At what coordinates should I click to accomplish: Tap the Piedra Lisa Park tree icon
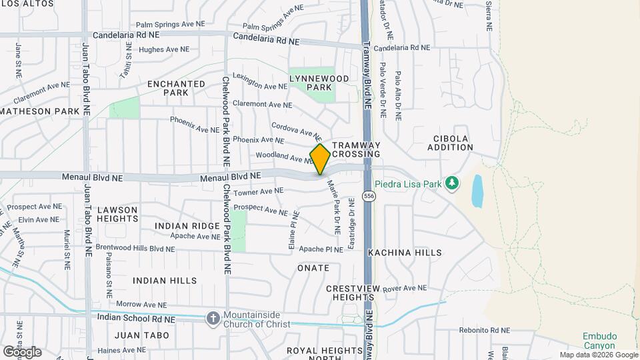tap(452, 183)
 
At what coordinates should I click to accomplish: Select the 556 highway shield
tap(369, 196)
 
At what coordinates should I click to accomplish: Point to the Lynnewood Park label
tap(311, 83)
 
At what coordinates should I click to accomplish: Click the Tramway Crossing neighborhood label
tap(356, 149)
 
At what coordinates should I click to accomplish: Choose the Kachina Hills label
tap(404, 253)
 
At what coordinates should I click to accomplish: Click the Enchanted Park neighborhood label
tap(176, 88)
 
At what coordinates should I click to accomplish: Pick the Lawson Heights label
tap(117, 214)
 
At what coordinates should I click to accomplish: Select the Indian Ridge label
tap(187, 226)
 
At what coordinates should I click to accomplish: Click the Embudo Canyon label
tap(601, 340)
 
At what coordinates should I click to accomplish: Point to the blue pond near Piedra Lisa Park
tap(477, 191)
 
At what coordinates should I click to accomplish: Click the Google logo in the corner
tap(22, 351)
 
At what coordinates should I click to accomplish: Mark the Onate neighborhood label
tap(313, 268)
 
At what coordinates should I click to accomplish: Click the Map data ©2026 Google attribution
tap(598, 355)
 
